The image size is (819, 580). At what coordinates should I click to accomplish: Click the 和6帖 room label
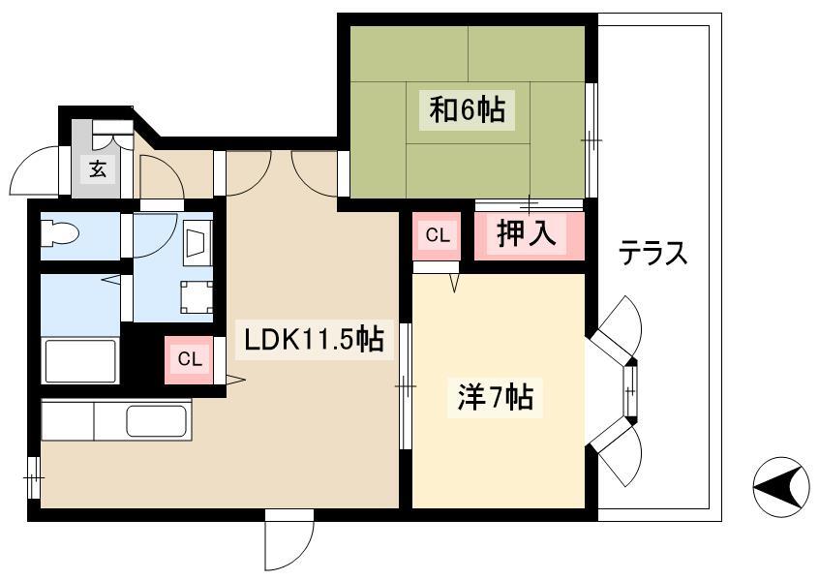(467, 110)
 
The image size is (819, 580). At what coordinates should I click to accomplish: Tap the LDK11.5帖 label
(315, 340)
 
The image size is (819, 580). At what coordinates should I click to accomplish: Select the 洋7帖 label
(495, 398)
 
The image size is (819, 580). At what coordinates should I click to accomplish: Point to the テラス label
(652, 254)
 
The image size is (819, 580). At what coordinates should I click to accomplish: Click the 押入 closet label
(527, 233)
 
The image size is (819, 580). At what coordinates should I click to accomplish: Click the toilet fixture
(60, 231)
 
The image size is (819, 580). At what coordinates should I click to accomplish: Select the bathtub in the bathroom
(80, 361)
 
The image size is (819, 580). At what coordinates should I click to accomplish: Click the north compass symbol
(781, 487)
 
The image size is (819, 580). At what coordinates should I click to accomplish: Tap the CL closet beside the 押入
(438, 235)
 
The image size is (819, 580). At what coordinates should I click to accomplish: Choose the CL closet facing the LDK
(189, 359)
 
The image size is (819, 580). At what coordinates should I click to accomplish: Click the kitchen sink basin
(156, 420)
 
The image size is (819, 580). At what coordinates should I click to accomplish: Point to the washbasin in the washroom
(197, 242)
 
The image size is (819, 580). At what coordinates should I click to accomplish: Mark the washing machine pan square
(197, 297)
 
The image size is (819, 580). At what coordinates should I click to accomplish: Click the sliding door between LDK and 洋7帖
(406, 386)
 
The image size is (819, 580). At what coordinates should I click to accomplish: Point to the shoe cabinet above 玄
(112, 128)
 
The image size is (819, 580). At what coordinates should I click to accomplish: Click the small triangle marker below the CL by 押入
(454, 282)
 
